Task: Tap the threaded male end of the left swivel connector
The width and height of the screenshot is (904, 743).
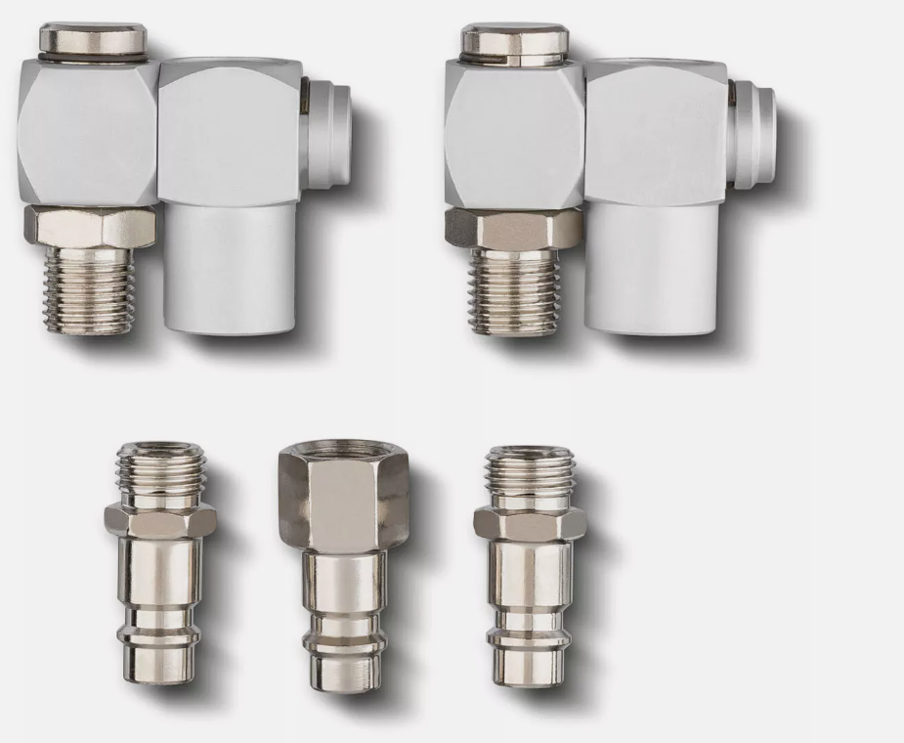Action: click(x=89, y=289)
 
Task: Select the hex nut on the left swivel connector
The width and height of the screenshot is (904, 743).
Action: click(x=89, y=226)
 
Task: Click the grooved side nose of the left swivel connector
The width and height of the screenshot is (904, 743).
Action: click(x=328, y=137)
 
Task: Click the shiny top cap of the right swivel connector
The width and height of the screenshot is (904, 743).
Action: click(x=513, y=42)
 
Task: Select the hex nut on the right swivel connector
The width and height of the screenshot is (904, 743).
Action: click(x=514, y=227)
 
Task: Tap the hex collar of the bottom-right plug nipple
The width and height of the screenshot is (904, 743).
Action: click(x=530, y=522)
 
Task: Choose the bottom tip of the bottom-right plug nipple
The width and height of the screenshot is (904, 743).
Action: click(x=529, y=665)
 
